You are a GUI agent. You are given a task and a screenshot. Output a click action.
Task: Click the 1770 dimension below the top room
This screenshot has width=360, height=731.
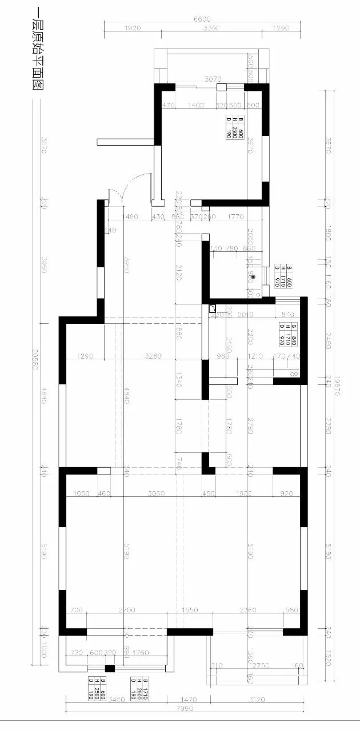[235, 216]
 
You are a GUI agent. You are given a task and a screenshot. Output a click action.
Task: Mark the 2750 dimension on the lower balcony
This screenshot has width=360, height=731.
[261, 666]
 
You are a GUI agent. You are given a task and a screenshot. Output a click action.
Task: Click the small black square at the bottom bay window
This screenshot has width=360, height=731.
[110, 668]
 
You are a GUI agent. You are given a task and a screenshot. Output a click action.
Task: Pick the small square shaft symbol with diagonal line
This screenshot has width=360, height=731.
[212, 309]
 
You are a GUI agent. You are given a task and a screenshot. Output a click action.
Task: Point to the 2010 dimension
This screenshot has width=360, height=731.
[245, 314]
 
